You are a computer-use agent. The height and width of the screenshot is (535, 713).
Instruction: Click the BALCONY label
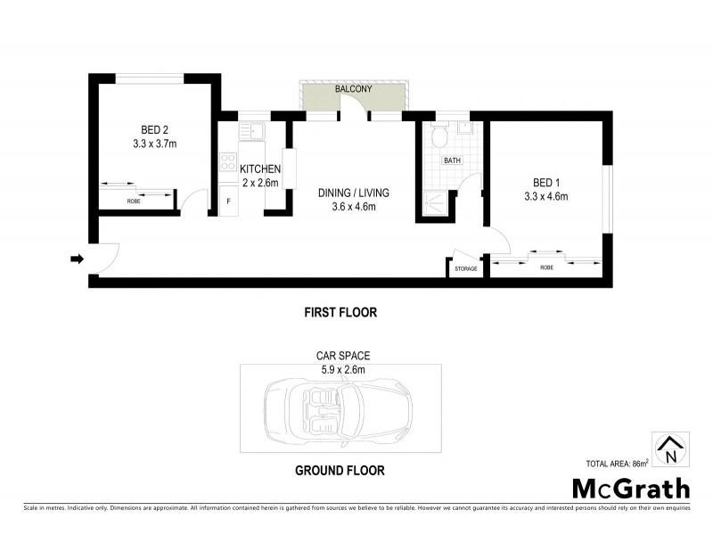pyautogui.click(x=353, y=90)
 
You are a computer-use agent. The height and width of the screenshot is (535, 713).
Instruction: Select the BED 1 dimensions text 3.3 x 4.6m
pyautogui.click(x=545, y=197)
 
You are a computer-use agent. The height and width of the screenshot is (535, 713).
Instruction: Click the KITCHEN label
pyautogui.click(x=259, y=169)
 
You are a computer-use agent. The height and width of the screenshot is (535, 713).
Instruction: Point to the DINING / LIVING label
pyautogui.click(x=354, y=193)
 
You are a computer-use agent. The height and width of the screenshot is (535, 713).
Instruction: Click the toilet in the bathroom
pyautogui.click(x=438, y=137)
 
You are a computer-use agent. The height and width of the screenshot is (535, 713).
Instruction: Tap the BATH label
pyautogui.click(x=454, y=162)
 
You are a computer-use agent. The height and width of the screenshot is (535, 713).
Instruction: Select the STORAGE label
pyautogui.click(x=465, y=268)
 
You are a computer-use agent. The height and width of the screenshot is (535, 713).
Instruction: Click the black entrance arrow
pyautogui.click(x=77, y=259)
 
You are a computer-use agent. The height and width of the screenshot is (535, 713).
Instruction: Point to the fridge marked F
pyautogui.click(x=228, y=202)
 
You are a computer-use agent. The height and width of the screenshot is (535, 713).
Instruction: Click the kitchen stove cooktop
pyautogui.click(x=227, y=163)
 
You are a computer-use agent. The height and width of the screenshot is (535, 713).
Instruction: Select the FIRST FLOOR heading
pyautogui.click(x=340, y=313)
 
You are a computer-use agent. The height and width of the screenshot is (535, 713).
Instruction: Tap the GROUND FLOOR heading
pyautogui.click(x=341, y=470)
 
